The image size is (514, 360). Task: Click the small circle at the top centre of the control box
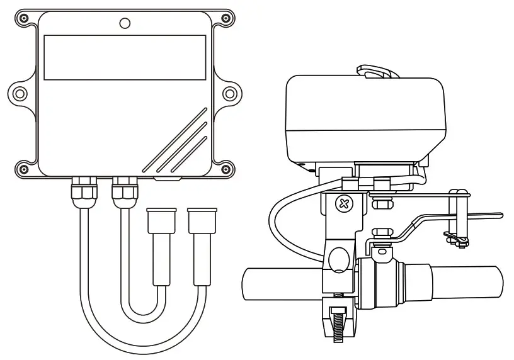tap(125, 24)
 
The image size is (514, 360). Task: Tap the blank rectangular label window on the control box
tap(125, 57)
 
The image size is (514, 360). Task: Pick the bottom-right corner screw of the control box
tap(225, 168)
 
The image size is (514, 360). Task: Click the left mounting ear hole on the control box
tap(21, 93)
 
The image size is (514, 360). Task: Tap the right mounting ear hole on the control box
tap(230, 93)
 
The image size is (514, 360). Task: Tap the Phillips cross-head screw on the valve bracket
tap(343, 203)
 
